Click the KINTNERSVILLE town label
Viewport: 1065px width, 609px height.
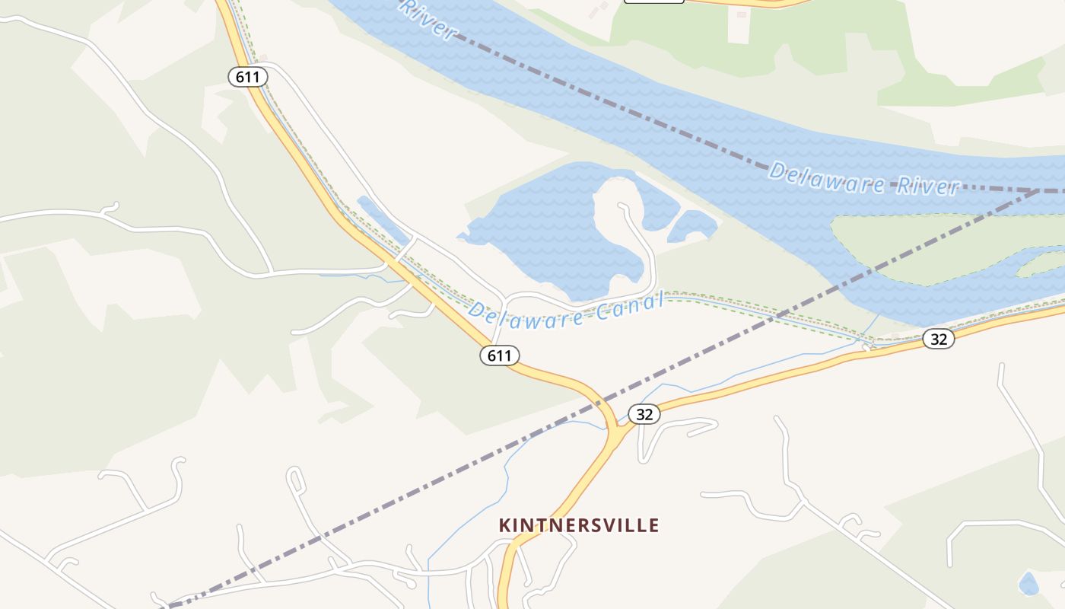coord(579,525)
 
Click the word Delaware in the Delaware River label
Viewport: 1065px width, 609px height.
coord(827,177)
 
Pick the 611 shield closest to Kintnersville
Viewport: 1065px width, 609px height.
coord(500,355)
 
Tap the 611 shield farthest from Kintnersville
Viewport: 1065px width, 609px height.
coord(248,76)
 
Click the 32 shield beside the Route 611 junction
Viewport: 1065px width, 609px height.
coord(644,414)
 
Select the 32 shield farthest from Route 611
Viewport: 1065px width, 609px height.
coord(939,339)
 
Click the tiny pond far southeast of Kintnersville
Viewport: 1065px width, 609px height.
coord(1028,584)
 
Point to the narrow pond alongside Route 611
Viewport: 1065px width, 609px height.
coord(383,220)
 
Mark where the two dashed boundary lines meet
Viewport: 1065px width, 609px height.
coord(1041,190)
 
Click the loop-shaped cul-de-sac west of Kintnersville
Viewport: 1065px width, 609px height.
coord(294,480)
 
